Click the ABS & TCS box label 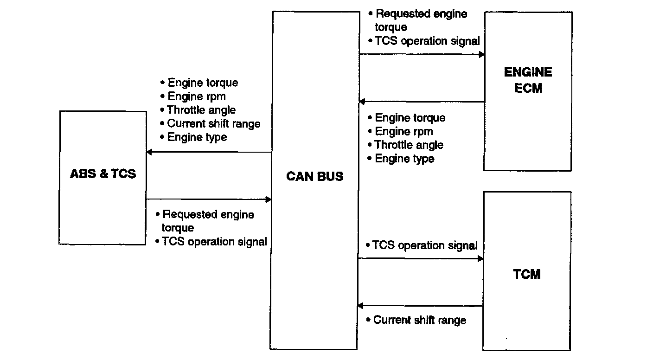click(x=103, y=174)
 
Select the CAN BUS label click(x=315, y=176)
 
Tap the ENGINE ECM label click(x=528, y=80)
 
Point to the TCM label click(x=527, y=274)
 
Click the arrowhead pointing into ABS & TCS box click(x=149, y=152)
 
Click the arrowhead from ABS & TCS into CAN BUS click(x=269, y=199)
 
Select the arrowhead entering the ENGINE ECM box click(x=481, y=54)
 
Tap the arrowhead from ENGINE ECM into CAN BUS click(x=362, y=102)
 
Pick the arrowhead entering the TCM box click(x=480, y=258)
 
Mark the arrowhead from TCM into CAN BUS click(x=360, y=306)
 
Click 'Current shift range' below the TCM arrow click(x=420, y=320)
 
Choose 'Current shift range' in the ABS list click(x=214, y=123)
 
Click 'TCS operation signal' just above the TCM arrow click(x=425, y=245)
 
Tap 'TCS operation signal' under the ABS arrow click(x=214, y=242)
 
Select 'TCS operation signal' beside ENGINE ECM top click(x=427, y=41)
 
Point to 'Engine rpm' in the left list click(x=197, y=96)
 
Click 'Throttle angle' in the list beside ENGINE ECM click(x=409, y=145)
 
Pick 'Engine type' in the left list click(x=197, y=137)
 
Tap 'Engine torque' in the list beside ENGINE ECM click(x=410, y=118)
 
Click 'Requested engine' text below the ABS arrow click(x=208, y=214)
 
